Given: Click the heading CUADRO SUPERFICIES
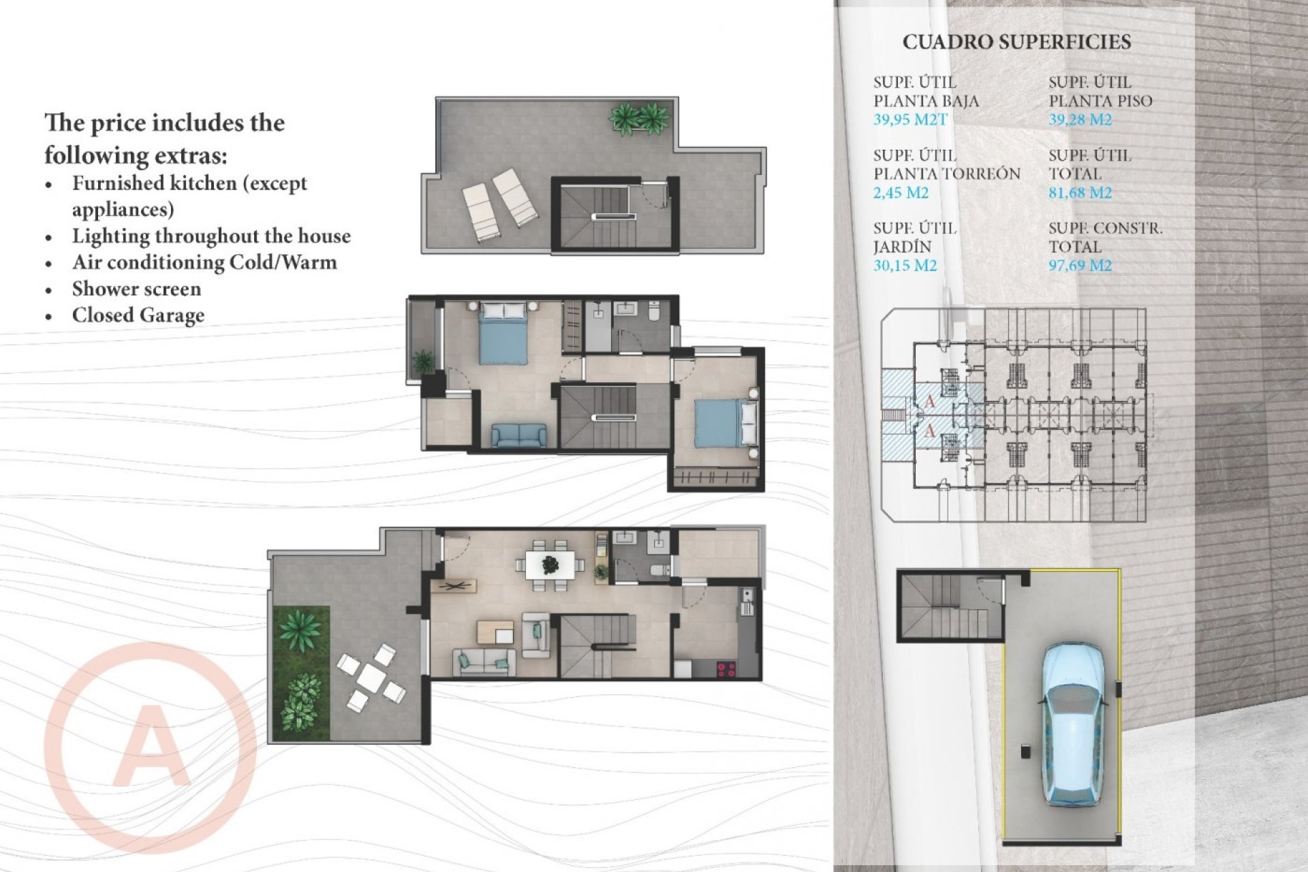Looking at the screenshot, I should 1016,42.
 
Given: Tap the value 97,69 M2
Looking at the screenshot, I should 1080,266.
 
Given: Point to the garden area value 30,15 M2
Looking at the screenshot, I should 905,266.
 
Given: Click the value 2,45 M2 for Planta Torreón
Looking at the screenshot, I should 901,193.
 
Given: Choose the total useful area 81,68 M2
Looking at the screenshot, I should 1080,193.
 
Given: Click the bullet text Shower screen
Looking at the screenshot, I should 136,289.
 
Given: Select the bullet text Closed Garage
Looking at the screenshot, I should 138,315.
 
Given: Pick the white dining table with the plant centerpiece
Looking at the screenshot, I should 550,565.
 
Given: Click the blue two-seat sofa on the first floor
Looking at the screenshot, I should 518,435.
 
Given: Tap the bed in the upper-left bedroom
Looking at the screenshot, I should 503,334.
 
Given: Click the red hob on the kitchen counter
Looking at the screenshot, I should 726,669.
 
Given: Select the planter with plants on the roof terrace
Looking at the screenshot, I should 638,119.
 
